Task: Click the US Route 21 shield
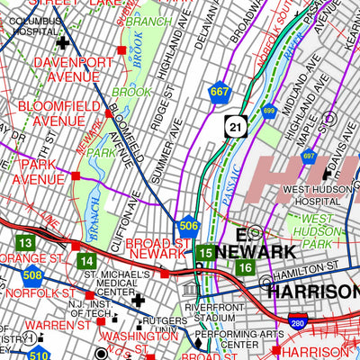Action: click(233, 130)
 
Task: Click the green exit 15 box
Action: click(205, 254)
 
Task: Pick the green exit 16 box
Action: click(244, 267)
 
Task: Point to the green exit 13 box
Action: click(26, 243)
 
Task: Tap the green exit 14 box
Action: click(86, 261)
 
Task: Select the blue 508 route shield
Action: click(32, 275)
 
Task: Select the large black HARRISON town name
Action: click(310, 292)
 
